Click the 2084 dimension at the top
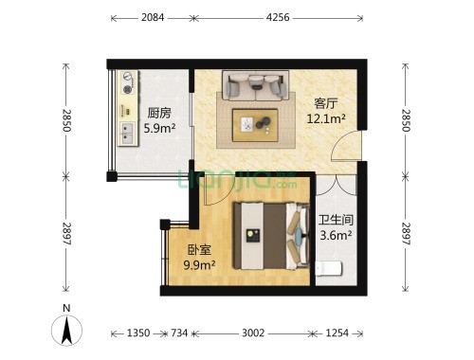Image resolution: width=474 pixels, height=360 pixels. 153,17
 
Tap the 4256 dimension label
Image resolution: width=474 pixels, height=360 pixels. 278,17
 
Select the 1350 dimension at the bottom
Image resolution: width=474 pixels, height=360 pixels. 138,333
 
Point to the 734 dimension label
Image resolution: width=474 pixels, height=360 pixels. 179,333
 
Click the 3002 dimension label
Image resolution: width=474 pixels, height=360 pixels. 253,333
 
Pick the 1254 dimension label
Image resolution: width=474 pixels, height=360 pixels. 337,333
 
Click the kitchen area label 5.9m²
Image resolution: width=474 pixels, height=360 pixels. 159,128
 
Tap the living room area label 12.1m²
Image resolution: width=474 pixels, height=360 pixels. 326,118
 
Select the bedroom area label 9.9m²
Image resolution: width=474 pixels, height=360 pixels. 199,264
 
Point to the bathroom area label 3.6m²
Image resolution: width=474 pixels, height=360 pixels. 336,235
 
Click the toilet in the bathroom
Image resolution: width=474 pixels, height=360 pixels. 329,269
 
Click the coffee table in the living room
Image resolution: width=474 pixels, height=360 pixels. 255,125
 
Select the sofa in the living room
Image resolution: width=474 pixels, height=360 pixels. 255,85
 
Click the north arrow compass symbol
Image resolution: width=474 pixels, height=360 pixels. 66,330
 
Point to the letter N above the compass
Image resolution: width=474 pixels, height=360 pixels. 66,308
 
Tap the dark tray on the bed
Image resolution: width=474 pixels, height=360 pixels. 253,236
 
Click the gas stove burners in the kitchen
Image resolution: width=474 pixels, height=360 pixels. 128,82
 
